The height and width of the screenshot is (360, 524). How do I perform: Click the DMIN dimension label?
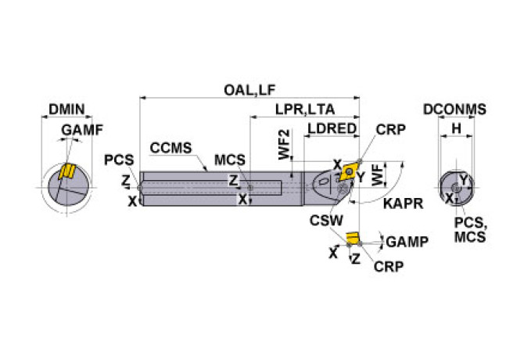point(66,110)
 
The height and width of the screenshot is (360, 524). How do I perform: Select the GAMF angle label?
point(82,130)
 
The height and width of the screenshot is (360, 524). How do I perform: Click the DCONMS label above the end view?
point(454,110)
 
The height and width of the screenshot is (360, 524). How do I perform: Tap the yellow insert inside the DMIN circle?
point(67,172)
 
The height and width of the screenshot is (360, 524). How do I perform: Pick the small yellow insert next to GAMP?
point(352,237)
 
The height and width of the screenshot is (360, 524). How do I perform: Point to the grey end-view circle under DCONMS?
point(456,188)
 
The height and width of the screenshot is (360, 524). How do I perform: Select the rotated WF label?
point(380,173)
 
